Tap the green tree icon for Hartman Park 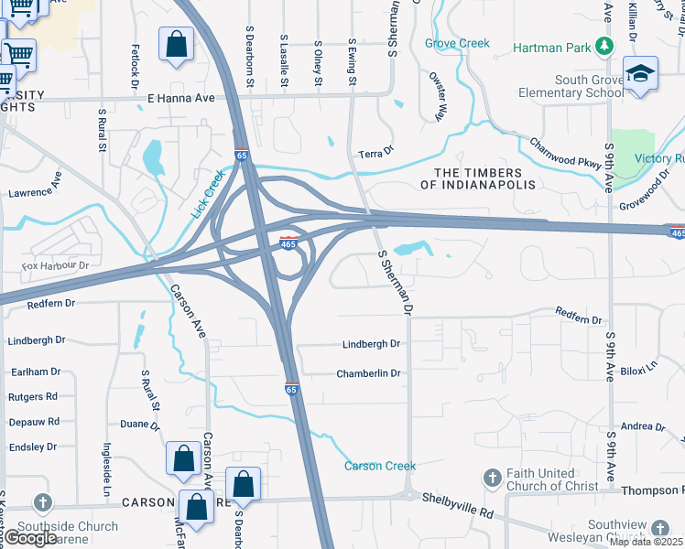pyautogui.click(x=603, y=45)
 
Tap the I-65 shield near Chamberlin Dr pyautogui.click(x=291, y=389)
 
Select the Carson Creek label pyautogui.click(x=380, y=467)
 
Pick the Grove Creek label pyautogui.click(x=458, y=43)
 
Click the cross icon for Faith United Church pyautogui.click(x=493, y=479)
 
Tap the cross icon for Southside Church pyautogui.click(x=41, y=502)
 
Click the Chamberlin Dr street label pyautogui.click(x=369, y=373)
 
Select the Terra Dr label pyautogui.click(x=375, y=151)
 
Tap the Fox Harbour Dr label pyautogui.click(x=54, y=266)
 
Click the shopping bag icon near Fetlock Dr pyautogui.click(x=175, y=47)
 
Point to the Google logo pyautogui.click(x=30, y=538)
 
